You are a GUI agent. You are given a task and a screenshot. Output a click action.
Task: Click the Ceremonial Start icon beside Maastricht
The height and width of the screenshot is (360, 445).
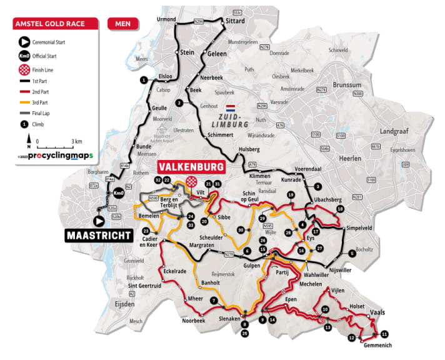pyautogui.click(x=99, y=221)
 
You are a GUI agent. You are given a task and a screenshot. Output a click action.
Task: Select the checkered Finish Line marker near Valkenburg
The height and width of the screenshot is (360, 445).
pyautogui.click(x=191, y=180)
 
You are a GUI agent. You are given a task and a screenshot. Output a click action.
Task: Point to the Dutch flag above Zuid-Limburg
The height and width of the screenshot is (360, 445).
pyautogui.click(x=230, y=107)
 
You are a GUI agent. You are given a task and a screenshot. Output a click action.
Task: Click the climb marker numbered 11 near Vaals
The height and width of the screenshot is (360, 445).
pyautogui.click(x=384, y=334)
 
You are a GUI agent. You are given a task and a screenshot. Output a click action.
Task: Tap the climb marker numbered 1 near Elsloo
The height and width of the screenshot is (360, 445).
pyautogui.click(x=144, y=80)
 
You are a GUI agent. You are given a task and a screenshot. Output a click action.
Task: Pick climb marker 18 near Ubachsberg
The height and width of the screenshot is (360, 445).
pyautogui.click(x=340, y=209)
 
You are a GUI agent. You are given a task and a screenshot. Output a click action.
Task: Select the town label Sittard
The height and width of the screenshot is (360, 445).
pyautogui.click(x=236, y=19)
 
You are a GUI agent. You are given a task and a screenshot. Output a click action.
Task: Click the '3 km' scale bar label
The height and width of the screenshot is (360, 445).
pyautogui.click(x=77, y=141)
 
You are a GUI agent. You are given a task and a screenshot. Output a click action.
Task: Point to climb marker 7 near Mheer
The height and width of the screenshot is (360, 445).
pyautogui.click(x=214, y=301)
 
